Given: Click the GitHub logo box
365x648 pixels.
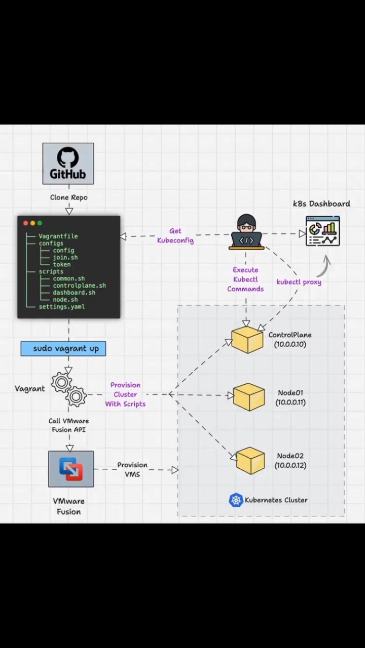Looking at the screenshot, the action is [68, 164].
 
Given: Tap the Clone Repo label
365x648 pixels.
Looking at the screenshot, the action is [68, 197].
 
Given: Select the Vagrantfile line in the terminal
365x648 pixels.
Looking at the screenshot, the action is [58, 236].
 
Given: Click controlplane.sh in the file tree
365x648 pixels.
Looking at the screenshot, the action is [80, 286].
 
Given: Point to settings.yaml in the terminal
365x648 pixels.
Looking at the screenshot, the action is [62, 307].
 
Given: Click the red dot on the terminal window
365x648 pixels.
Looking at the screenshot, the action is [25, 223].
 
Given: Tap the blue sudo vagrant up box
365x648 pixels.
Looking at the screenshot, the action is [63, 349].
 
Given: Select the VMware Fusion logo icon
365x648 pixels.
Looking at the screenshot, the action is [71, 469].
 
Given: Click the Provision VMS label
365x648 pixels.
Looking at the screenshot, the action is [132, 469].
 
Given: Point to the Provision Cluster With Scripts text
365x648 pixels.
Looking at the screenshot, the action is [125, 394].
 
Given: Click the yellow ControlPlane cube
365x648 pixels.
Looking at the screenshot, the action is [247, 341].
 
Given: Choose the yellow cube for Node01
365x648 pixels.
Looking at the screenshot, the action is [249, 396].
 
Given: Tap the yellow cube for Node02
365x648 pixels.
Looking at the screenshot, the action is [250, 461].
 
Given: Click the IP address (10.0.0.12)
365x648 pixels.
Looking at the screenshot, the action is [290, 465].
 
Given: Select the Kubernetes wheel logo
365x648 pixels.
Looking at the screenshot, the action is [236, 500].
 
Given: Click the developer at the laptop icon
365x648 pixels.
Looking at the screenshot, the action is [246, 232].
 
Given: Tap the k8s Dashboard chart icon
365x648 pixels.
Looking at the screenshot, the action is [323, 231].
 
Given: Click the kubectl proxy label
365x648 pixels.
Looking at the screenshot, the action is [299, 282].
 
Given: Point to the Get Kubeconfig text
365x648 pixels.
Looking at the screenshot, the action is [175, 235].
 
